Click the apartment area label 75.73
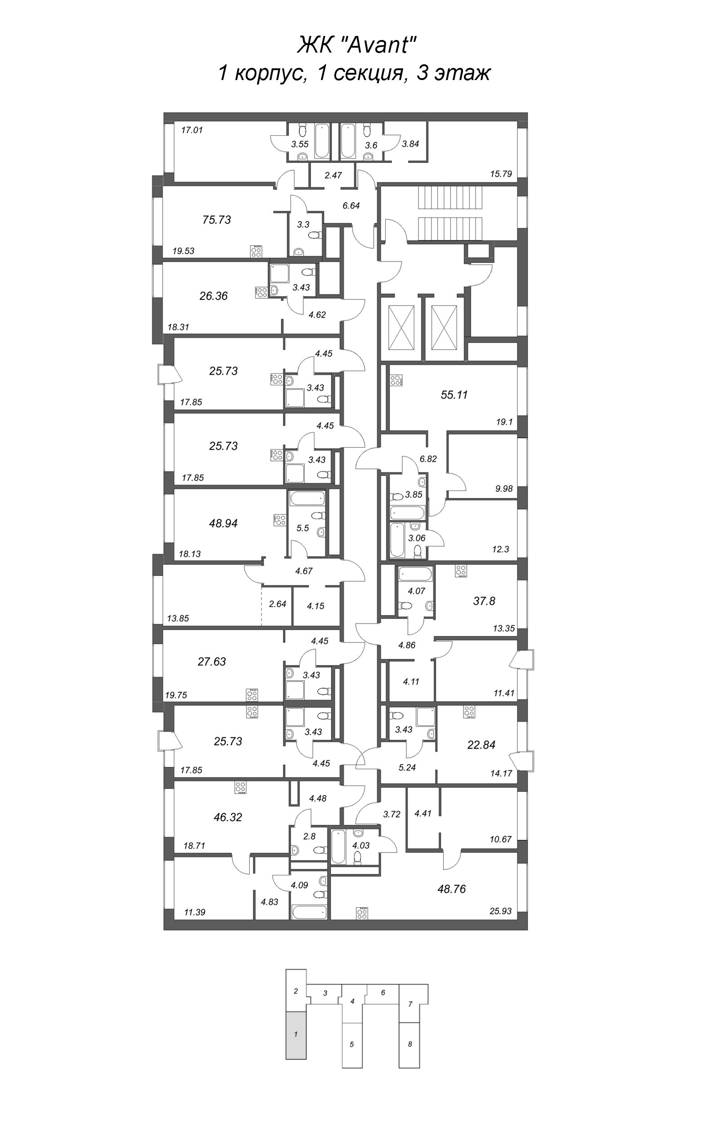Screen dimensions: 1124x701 [216, 219]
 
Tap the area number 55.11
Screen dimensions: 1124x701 [454, 395]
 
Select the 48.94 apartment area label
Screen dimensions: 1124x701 [223, 523]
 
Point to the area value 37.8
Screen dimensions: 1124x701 [484, 601]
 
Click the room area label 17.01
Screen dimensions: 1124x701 [192, 130]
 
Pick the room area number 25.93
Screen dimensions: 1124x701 [500, 911]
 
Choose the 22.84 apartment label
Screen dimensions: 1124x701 [481, 745]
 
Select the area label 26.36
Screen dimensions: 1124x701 [213, 295]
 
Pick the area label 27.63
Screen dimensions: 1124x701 [212, 662]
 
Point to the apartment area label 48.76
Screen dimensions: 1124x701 [452, 889]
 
